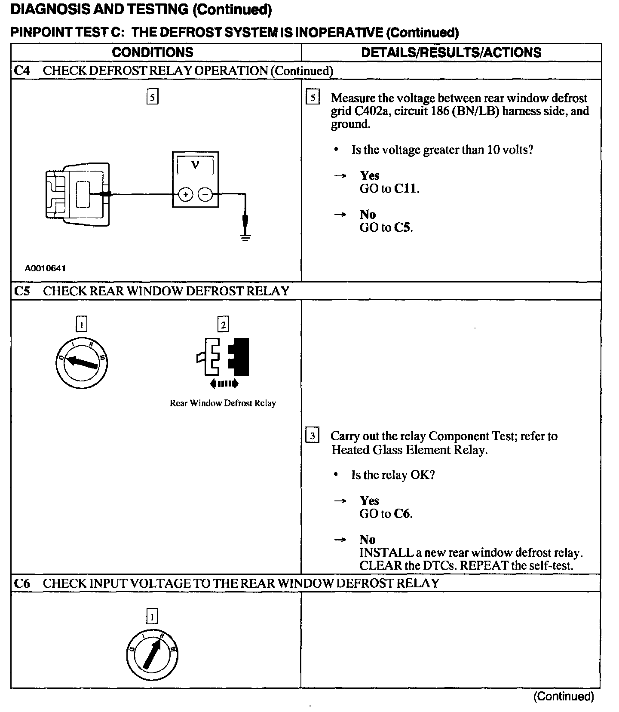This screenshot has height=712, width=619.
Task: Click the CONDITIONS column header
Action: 153,52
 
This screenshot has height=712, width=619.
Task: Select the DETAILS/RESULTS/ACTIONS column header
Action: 451,52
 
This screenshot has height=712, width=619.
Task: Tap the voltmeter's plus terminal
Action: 185,195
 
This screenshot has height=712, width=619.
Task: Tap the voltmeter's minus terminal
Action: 205,195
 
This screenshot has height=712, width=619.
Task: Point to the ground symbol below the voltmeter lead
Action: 245,236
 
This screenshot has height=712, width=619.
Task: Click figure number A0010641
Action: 45,268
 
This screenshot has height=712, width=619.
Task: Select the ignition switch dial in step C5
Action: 82,363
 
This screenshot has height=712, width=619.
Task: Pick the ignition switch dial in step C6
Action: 152,655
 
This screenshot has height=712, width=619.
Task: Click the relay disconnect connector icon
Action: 223,356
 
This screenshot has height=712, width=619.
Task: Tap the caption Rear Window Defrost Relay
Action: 223,403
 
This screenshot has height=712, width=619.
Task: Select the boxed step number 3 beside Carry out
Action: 312,436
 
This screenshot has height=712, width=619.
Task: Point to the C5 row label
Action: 22,291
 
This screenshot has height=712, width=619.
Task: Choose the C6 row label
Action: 22,583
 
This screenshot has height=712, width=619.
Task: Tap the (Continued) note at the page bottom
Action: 563,696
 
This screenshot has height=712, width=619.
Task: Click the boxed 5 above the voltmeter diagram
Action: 153,97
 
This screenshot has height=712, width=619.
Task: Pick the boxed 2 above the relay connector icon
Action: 223,324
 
